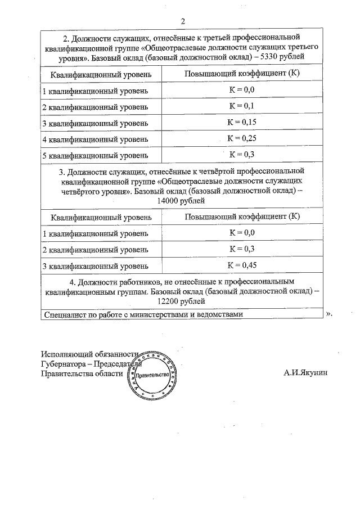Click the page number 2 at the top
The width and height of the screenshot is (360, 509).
[183, 21]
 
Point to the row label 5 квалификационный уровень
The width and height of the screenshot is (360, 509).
[96, 155]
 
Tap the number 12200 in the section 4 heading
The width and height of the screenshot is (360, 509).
[169, 301]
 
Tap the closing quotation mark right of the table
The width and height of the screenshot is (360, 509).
[329, 314]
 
